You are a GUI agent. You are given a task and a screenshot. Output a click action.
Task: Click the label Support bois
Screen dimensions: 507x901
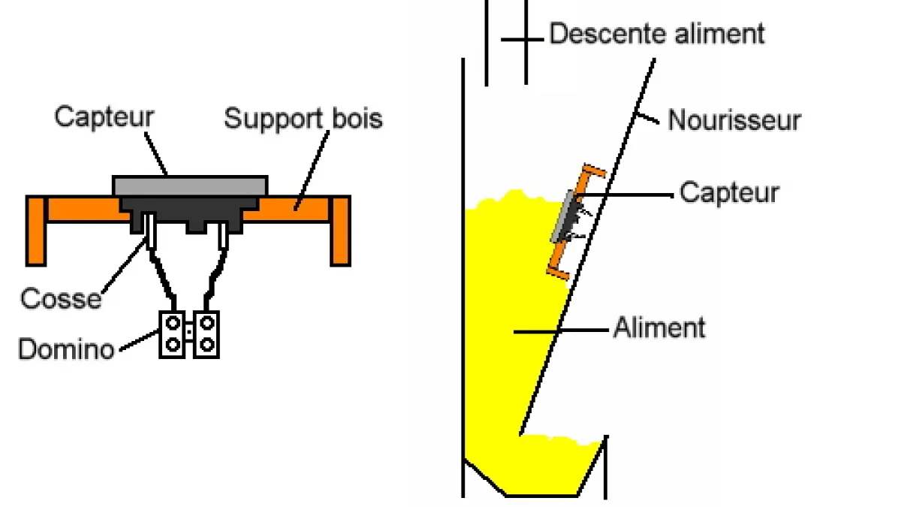tap(303, 119)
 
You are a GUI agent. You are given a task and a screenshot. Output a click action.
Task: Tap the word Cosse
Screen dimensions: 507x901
tap(60, 298)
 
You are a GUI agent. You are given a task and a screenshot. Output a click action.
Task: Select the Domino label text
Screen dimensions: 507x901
tap(66, 349)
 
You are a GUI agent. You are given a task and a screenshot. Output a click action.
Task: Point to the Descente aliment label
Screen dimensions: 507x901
tap(657, 34)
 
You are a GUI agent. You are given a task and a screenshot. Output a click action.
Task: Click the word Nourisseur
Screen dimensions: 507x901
tap(734, 120)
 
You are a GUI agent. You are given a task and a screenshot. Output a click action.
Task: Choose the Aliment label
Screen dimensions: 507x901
tap(659, 328)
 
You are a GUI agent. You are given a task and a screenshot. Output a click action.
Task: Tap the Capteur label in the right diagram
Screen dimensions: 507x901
tap(729, 192)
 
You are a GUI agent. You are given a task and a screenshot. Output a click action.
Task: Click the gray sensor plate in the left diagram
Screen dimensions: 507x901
tap(190, 185)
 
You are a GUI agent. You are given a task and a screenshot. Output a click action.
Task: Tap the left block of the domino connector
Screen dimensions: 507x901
tap(173, 333)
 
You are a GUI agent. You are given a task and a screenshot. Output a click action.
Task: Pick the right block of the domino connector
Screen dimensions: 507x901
tap(206, 333)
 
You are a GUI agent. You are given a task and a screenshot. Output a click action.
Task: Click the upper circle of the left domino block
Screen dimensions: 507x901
tap(173, 324)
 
